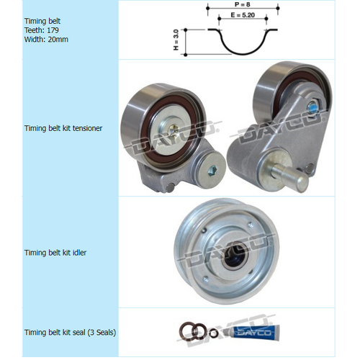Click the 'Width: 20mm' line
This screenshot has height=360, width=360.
pos(45,40)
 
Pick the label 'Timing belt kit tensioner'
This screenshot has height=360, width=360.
pos(63,128)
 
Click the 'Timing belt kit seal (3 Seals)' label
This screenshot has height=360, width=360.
pos(71,333)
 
